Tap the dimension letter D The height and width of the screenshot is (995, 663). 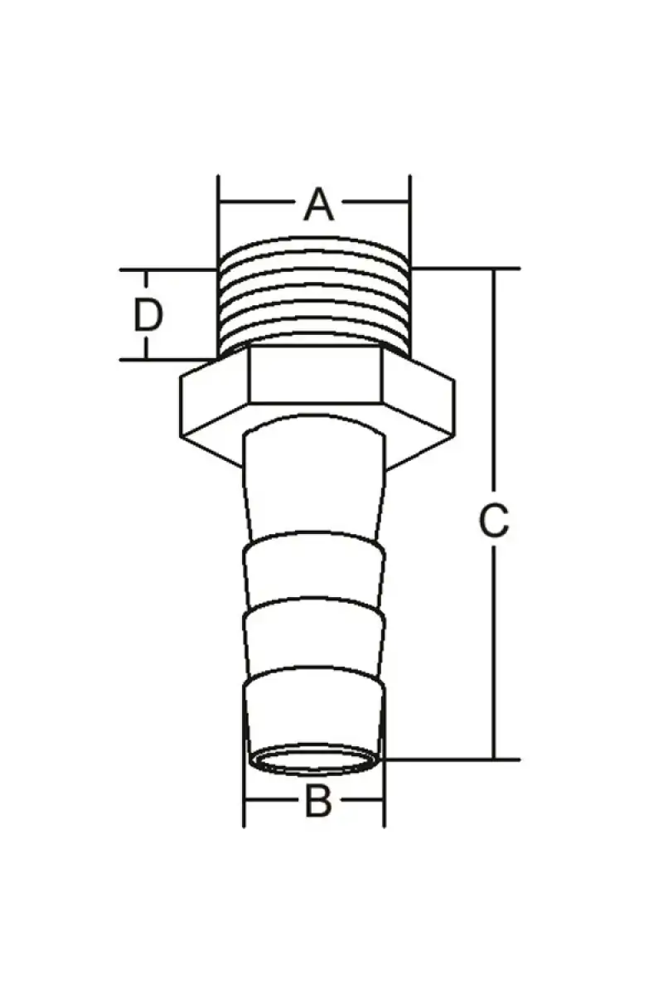pos(148,315)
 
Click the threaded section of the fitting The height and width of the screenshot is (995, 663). pos(314,295)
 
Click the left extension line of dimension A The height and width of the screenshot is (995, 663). pos(218,222)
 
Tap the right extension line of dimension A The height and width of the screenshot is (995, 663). pos(410,222)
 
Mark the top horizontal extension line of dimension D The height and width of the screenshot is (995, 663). pos(168,269)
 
